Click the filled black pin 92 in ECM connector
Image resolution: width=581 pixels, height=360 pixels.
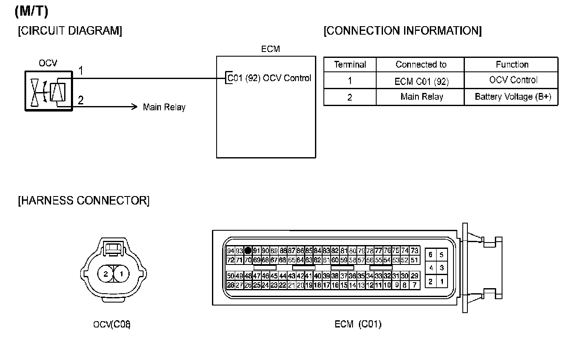pos(248,251)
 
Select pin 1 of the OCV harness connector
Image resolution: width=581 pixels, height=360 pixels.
pos(121,274)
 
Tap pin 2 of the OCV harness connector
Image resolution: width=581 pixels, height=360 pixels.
pos(106,274)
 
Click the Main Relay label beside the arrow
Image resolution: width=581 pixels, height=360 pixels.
pos(164,107)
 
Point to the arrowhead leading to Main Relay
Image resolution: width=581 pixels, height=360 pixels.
pos(135,106)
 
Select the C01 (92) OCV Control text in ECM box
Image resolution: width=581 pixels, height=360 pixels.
pos(269,78)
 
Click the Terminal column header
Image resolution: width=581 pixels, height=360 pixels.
pos(350,65)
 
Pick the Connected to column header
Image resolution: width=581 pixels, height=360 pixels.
pos(421,65)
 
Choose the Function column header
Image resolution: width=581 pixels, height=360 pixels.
pos(512,65)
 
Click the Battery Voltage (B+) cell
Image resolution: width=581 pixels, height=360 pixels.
pos(513,97)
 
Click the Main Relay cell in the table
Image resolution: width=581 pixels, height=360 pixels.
pos(421,97)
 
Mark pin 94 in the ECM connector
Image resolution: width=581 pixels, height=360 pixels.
pos(231,251)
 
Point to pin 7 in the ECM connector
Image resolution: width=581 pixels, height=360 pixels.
pos(415,285)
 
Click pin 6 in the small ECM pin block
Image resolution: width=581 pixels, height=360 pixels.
pos(430,255)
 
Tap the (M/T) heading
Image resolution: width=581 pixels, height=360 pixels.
pos(31,12)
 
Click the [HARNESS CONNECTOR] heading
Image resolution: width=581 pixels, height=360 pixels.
pos(84,200)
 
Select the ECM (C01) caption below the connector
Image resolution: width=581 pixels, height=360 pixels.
pos(358,325)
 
